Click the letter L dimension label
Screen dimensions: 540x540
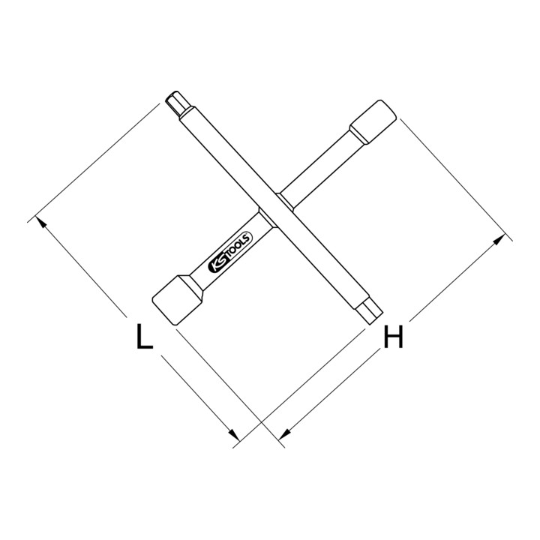[144, 336]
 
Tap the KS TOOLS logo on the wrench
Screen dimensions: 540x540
[231, 252]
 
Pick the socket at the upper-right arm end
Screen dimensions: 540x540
[373, 121]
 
